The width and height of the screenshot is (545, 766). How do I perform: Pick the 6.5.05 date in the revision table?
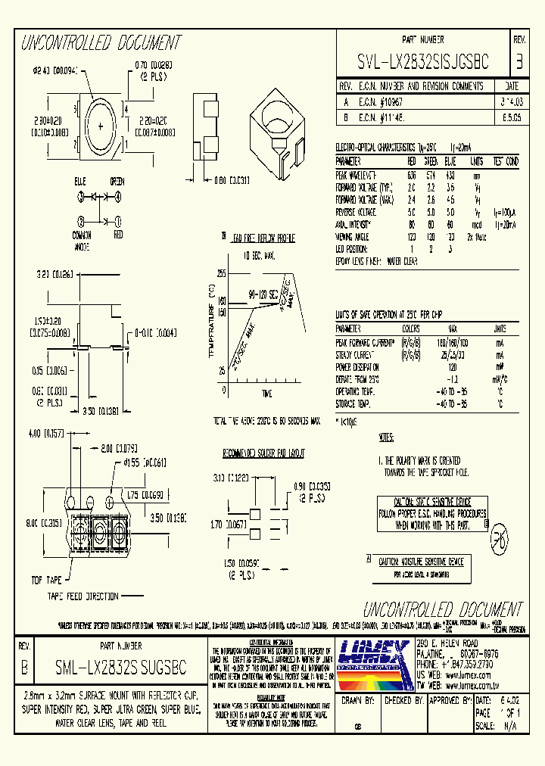tap(511, 117)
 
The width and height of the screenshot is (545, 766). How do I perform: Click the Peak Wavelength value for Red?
tap(412, 175)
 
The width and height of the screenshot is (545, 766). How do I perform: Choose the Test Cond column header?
tap(506, 161)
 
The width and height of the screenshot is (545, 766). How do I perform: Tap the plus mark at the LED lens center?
tap(100, 126)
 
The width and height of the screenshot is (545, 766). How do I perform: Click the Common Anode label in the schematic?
tap(81, 241)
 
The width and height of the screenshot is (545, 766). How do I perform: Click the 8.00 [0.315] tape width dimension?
tap(43, 522)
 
